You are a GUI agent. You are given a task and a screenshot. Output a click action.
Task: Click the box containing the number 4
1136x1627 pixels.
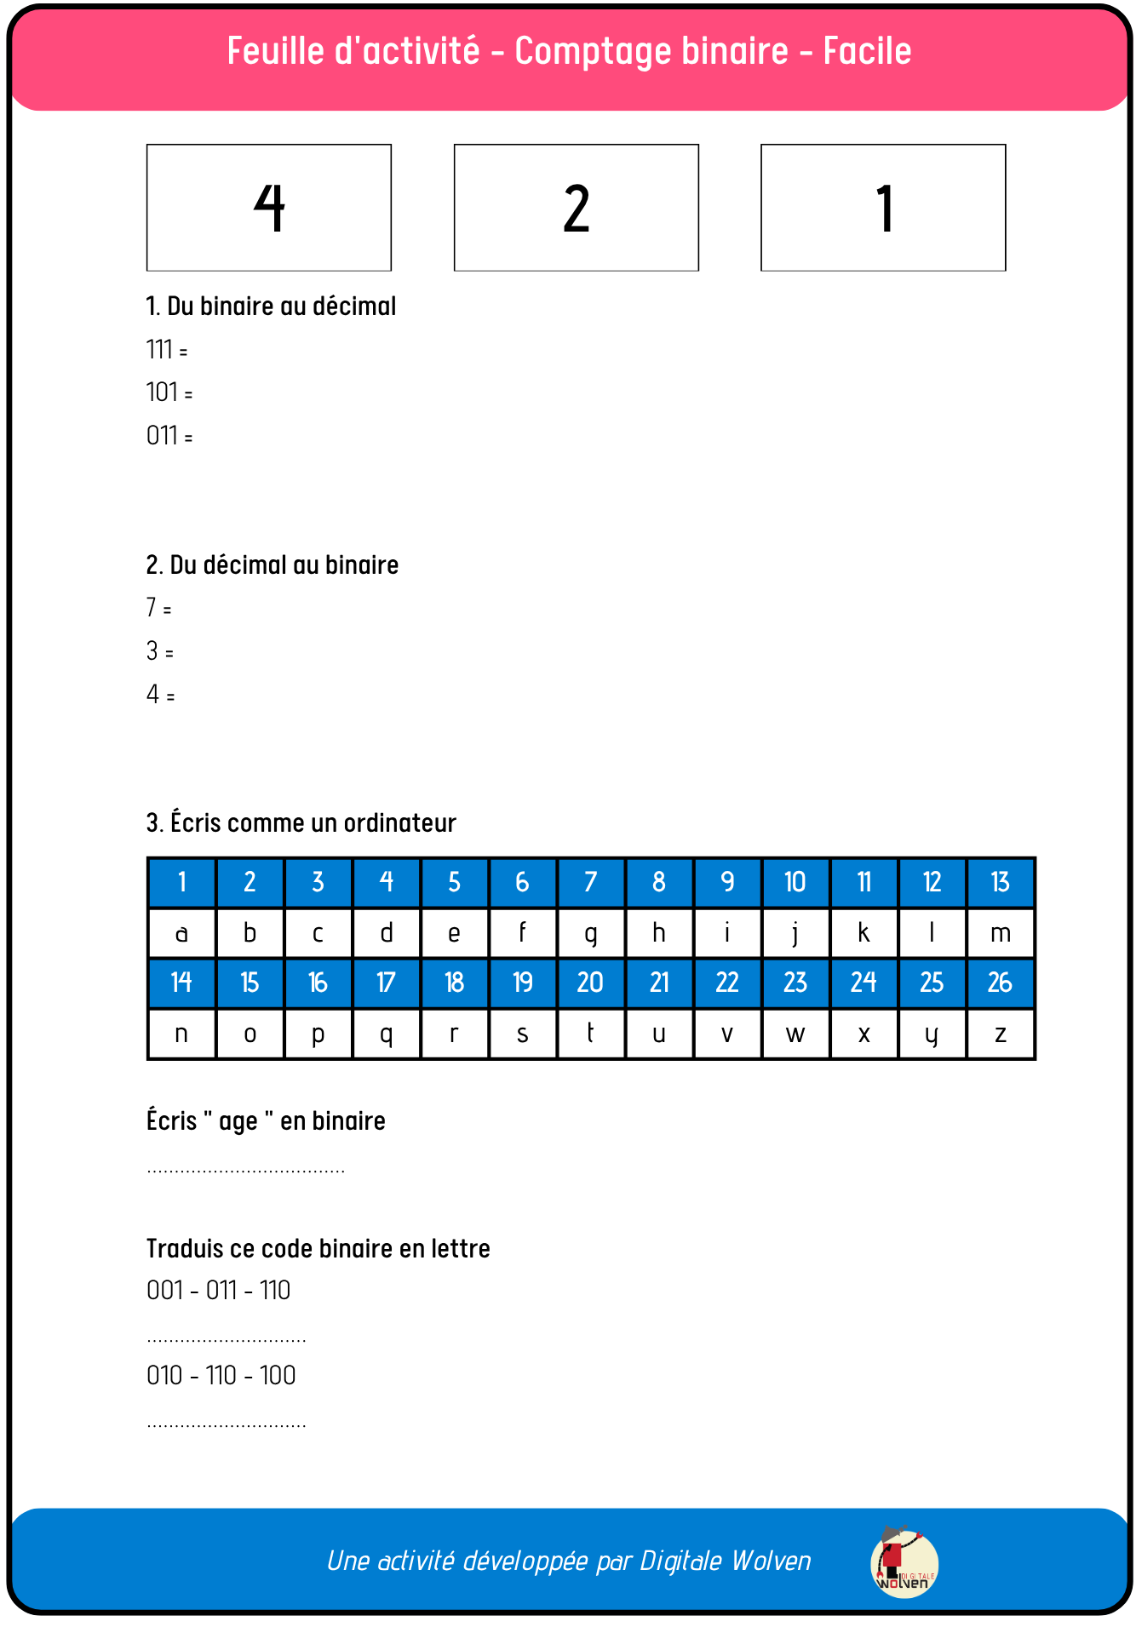point(269,208)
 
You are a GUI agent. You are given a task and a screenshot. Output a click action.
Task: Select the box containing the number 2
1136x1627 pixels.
point(577,208)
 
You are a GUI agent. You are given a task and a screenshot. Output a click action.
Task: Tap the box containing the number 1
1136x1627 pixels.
point(883,208)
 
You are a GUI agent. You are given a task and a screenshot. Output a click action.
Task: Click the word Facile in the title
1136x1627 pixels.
point(867,51)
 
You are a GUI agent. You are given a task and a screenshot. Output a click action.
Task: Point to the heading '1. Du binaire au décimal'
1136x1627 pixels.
point(271,306)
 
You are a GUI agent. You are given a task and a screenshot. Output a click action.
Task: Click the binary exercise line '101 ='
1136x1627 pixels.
point(169,392)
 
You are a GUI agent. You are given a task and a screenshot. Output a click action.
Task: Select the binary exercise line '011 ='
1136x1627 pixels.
point(169,436)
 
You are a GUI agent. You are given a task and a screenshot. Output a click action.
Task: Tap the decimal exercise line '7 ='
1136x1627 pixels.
point(159,608)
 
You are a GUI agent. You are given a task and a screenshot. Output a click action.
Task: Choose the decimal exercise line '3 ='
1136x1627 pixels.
point(160,651)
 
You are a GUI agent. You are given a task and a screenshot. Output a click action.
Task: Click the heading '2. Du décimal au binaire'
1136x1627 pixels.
point(273,565)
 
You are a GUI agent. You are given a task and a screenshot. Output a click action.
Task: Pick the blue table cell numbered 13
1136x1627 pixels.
point(1001,882)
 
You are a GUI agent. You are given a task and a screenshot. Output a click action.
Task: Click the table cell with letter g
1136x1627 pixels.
point(591,933)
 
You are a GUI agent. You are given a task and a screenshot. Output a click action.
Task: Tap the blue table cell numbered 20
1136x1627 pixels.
point(591,983)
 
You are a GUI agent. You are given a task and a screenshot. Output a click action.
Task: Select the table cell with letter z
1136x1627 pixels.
point(1001,1034)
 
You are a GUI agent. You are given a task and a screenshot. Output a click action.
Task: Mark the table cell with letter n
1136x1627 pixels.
point(181,1034)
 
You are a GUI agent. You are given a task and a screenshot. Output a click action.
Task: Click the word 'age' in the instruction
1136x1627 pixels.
point(238,1122)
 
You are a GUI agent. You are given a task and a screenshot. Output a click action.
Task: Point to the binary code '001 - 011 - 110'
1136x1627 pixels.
point(219,1291)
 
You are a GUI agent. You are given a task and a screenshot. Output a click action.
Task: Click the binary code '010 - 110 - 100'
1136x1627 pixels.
point(221,1376)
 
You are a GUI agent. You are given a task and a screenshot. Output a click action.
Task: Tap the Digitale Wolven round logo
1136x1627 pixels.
point(904,1564)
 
